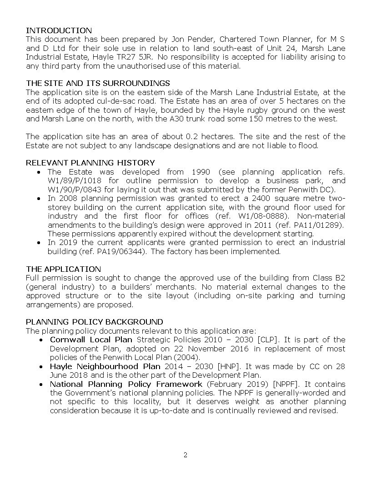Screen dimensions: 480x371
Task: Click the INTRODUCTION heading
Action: tap(59, 30)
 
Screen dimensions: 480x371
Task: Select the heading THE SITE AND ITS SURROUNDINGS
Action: tap(98, 83)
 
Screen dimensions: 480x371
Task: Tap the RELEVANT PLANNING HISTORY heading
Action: tap(90, 163)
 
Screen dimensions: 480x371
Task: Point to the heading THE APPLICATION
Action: tap(63, 269)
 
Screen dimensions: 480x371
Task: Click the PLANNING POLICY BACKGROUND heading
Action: tap(94, 322)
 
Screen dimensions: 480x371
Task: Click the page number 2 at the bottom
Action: tap(185, 455)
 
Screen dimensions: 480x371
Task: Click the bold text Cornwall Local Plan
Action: tap(91, 340)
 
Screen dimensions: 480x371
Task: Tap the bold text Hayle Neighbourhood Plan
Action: tap(105, 366)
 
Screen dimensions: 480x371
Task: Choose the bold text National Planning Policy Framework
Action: tap(126, 384)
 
